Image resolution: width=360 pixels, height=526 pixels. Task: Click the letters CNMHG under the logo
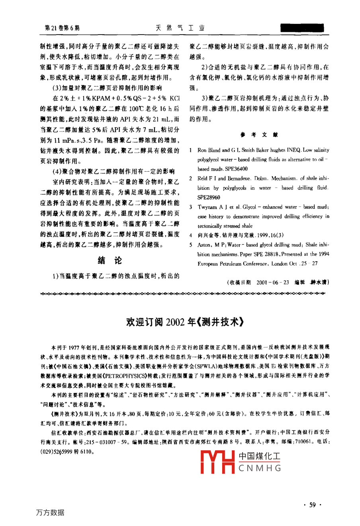pos(260,468)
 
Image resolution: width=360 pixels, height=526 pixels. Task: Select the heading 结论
pos(110,260)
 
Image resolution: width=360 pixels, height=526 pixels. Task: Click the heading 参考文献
pos(259,135)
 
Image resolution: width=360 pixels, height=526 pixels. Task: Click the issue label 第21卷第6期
pos(63,28)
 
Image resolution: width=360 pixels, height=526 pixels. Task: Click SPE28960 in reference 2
pos(209,197)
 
